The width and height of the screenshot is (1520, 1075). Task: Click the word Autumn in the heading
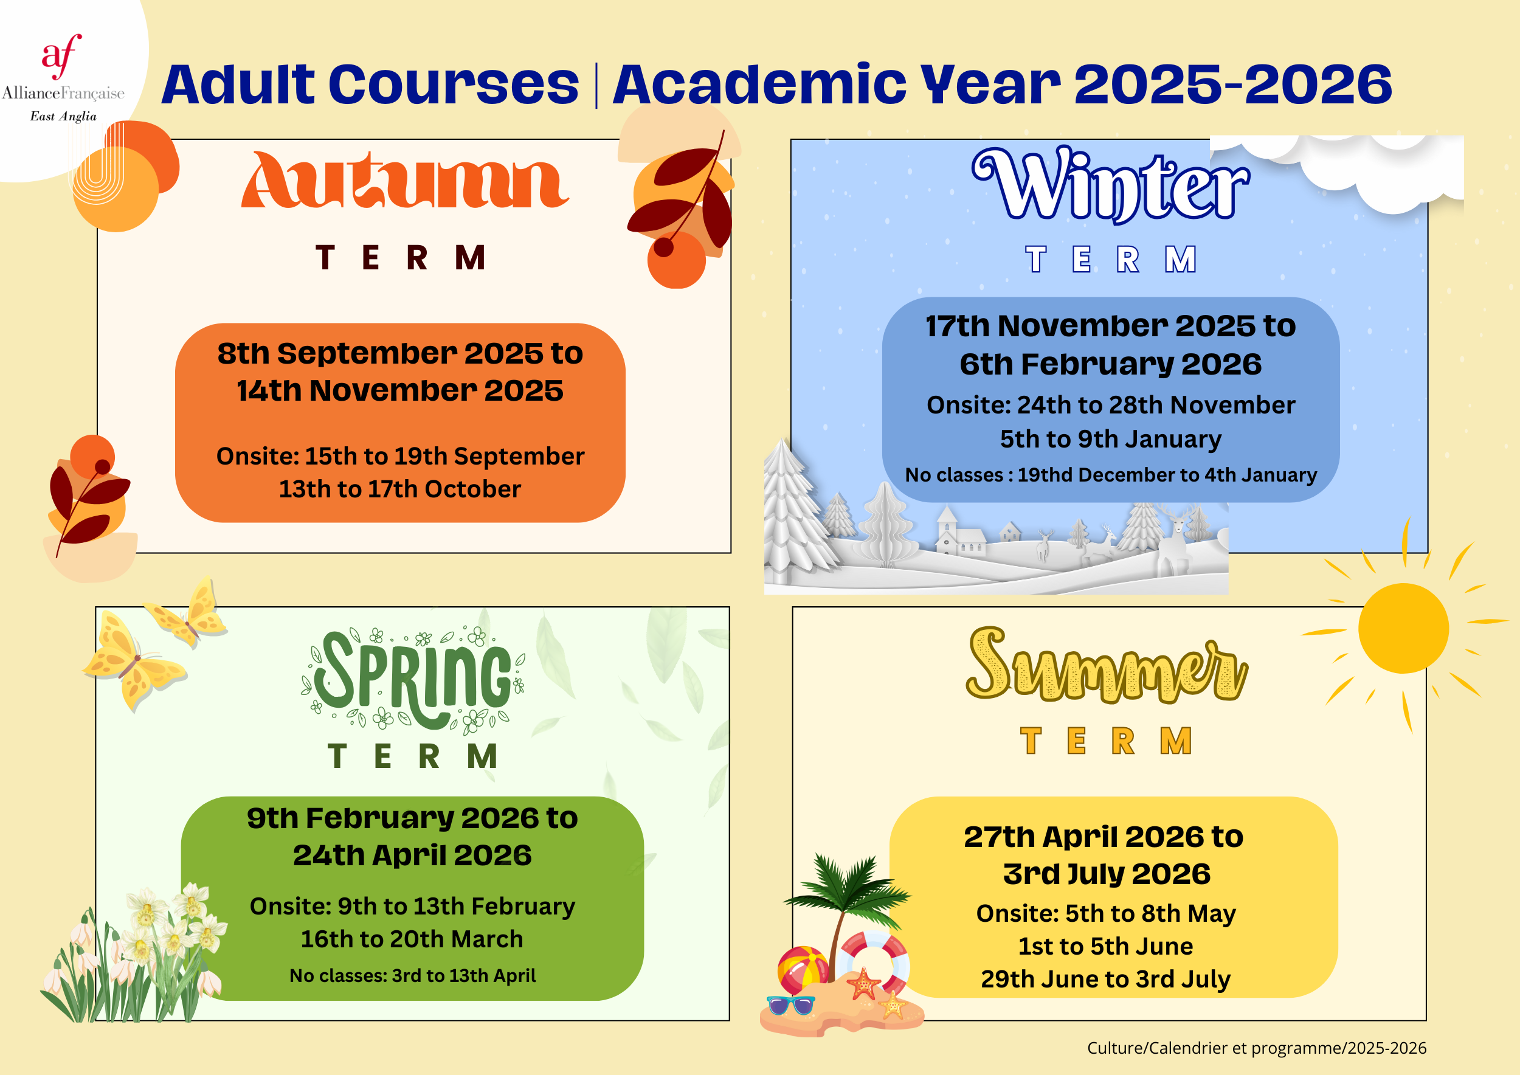404,180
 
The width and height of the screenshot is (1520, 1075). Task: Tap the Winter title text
1111,185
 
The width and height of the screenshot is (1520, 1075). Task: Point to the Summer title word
1107,665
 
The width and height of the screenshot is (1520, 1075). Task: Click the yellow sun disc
1403,628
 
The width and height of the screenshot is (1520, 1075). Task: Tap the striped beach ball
803,970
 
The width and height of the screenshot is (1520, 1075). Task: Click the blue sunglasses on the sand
791,1005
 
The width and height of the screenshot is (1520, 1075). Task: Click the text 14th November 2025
400,390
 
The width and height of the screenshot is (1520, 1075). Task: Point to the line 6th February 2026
1111,364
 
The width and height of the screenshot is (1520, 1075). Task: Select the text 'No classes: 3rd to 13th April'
412,975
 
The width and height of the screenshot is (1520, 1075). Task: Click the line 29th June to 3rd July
1105,979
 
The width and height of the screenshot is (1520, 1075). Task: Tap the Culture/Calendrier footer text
1257,1048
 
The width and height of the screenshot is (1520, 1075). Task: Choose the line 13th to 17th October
400,489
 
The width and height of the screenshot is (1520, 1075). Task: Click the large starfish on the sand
863,983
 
